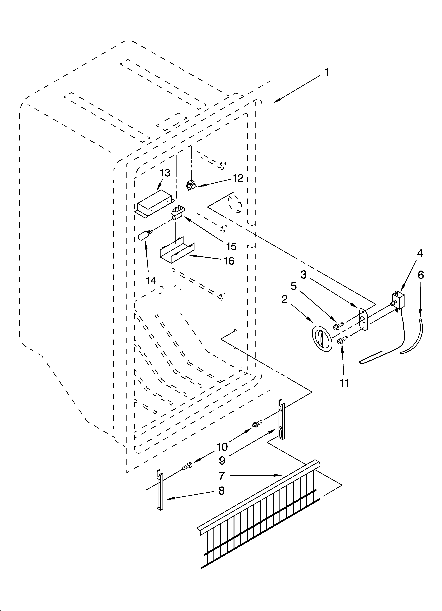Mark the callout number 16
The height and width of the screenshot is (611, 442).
point(229,261)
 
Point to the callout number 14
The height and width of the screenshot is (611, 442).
point(151,281)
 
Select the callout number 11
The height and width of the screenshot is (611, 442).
point(344,383)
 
